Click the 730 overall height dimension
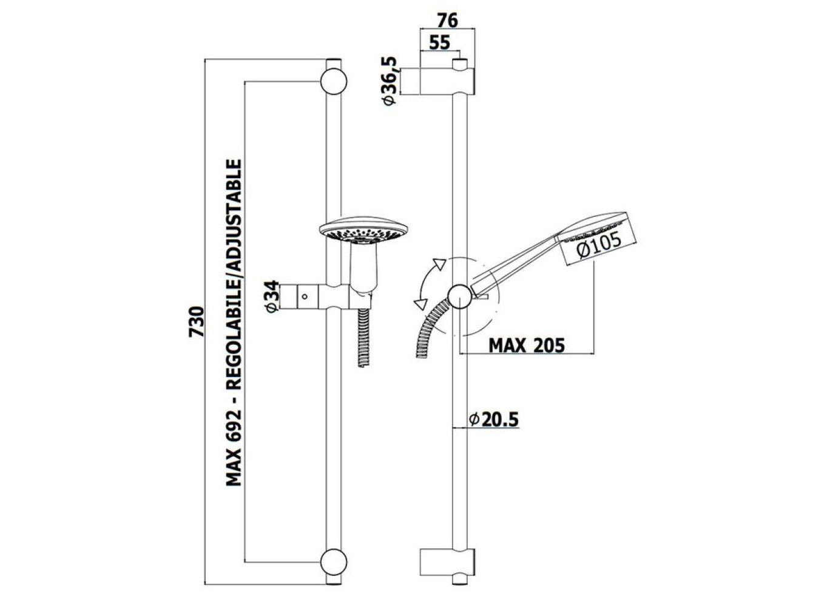coord(196,321)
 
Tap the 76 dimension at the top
coord(447,20)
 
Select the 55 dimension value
coord(440,42)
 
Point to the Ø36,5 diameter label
coord(390,81)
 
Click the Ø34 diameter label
coord(272,296)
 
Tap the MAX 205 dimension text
coord(527,345)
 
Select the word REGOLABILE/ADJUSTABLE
coord(234,275)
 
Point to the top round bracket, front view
coord(334,82)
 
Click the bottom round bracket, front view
coord(334,562)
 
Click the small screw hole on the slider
coord(305,296)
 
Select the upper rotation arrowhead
coord(440,264)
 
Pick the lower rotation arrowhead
coord(420,304)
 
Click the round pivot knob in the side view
coord(460,296)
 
